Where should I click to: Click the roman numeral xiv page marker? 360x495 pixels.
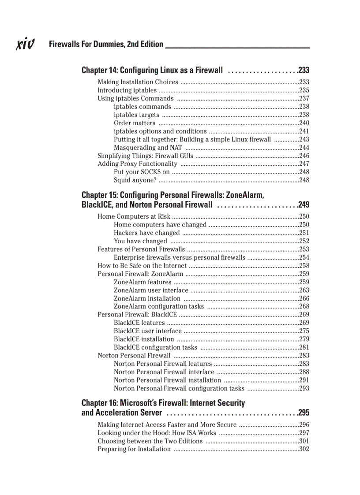(x=26, y=44)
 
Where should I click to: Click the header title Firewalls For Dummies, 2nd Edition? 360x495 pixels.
(x=106, y=44)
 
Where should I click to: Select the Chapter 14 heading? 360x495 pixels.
(x=152, y=70)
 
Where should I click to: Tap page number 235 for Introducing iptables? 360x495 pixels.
(x=304, y=90)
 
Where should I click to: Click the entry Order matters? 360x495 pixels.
(x=135, y=123)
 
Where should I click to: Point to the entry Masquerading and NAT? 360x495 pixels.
(x=148, y=148)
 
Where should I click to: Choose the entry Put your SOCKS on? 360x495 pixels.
(x=142, y=172)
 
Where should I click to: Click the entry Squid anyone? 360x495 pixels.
(x=135, y=180)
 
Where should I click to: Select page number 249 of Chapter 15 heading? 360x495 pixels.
(x=304, y=205)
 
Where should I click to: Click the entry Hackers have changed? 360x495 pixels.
(x=147, y=233)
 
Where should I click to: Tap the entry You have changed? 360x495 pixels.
(x=140, y=241)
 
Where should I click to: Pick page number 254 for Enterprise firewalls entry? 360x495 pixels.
(x=304, y=257)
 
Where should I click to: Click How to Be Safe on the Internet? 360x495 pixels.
(x=142, y=265)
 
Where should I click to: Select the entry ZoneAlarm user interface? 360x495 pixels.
(x=151, y=290)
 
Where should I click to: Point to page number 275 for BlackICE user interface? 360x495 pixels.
(x=304, y=331)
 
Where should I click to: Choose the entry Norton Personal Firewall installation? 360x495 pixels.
(x=167, y=380)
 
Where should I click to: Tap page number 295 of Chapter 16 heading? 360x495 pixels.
(x=304, y=413)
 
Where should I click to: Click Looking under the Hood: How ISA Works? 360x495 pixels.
(x=157, y=433)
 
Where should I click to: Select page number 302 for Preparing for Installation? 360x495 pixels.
(x=304, y=449)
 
